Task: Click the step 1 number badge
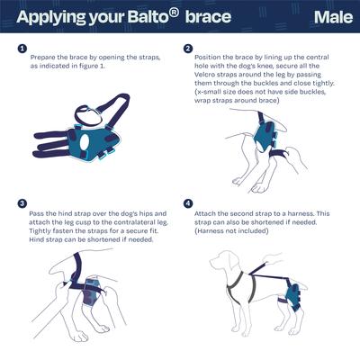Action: (x=21, y=49)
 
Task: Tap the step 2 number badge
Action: (x=187, y=49)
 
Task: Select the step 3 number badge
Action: (x=21, y=204)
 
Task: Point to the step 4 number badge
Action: (x=187, y=204)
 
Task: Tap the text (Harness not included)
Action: (x=238, y=231)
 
